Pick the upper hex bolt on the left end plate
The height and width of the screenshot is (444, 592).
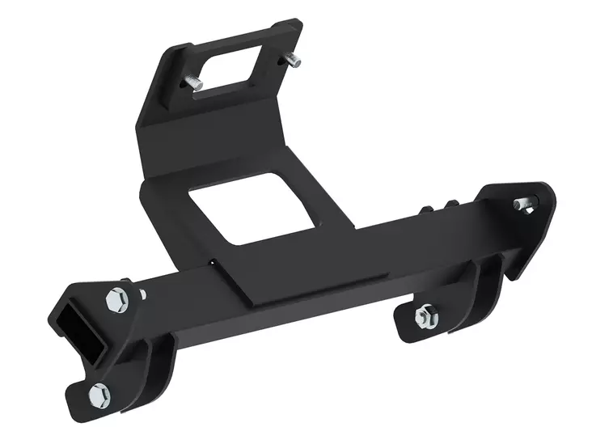click(115, 298)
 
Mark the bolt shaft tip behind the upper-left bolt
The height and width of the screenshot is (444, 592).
click(142, 292)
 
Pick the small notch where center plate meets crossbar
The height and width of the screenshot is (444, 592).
click(212, 261)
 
